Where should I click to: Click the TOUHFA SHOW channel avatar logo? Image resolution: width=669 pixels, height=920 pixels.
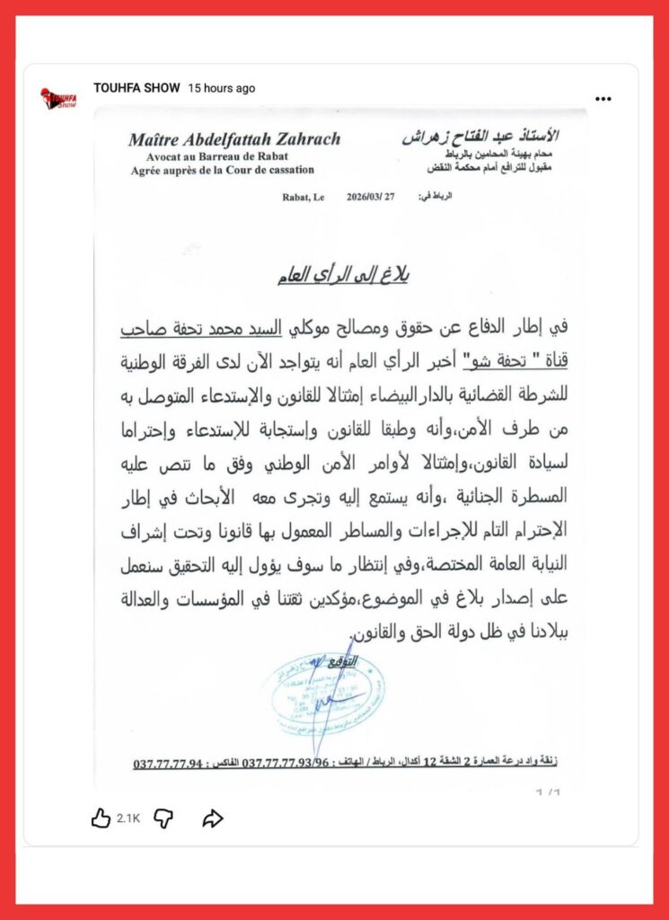pos(58,98)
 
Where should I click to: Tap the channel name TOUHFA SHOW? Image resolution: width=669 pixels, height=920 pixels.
pos(136,88)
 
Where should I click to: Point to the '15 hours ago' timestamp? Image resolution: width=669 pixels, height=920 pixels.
pos(221,88)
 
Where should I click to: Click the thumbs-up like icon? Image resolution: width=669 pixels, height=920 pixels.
pos(101,818)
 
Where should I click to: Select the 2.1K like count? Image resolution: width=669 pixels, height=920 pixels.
pos(128,818)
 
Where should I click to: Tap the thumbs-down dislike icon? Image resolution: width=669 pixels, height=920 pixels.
pos(163,818)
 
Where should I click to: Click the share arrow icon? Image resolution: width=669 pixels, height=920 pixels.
pos(212,818)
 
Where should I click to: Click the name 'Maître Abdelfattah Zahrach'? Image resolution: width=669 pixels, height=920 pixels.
pos(234,139)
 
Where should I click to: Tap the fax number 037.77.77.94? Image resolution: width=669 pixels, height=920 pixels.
pos(170,764)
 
